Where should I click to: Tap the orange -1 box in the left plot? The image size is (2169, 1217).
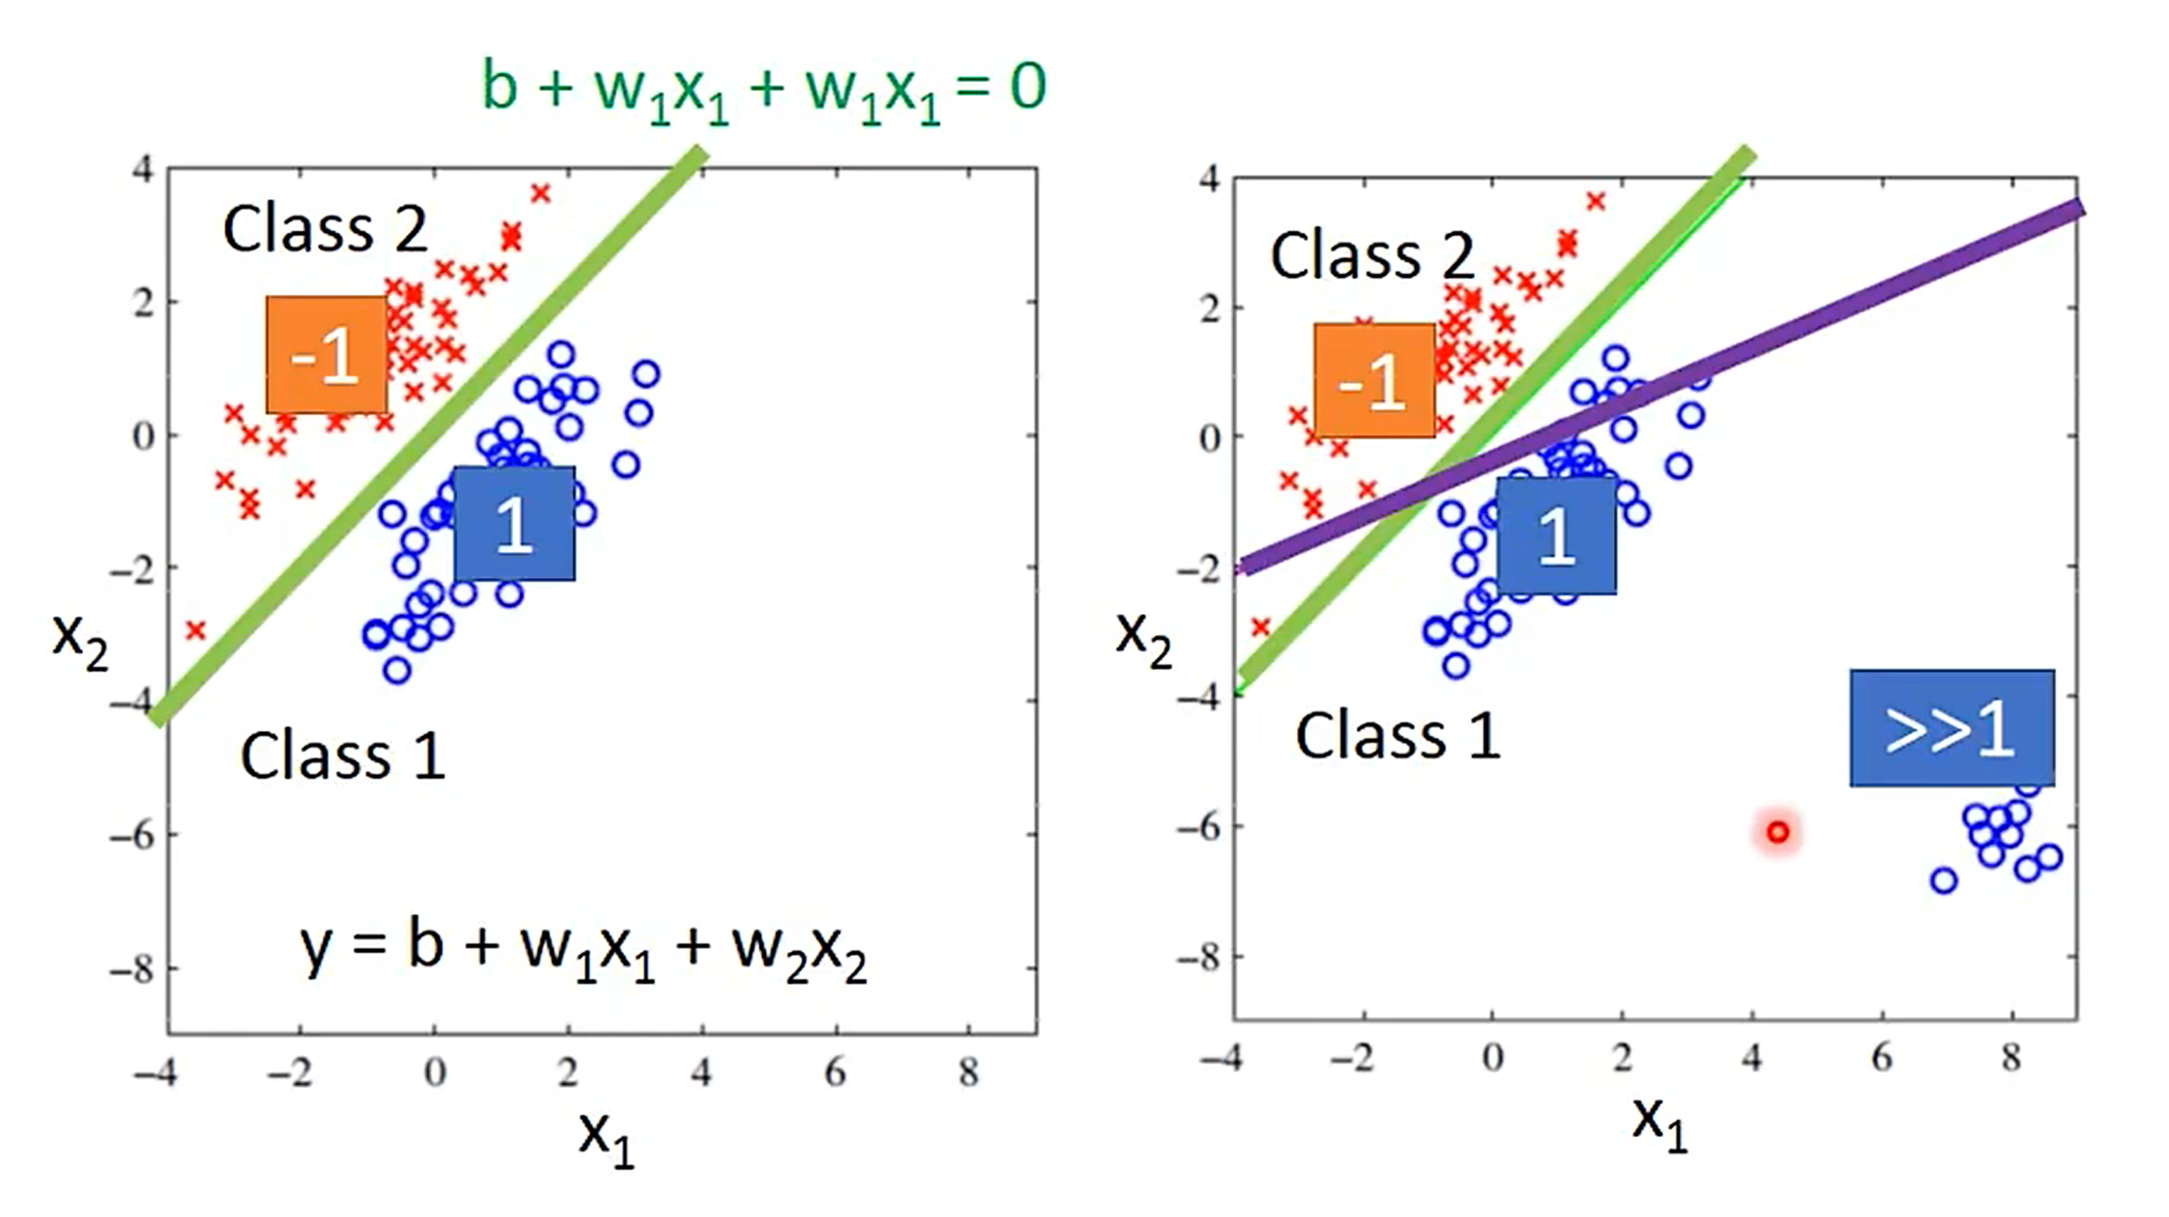click(x=326, y=355)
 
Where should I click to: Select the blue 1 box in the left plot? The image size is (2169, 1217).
click(x=514, y=524)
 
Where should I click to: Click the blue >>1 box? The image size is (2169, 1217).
click(x=1951, y=728)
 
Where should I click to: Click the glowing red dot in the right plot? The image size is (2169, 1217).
click(x=1778, y=833)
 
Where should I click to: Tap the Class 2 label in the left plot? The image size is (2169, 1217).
click(x=325, y=229)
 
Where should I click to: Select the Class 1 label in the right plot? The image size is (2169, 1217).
click(x=1398, y=736)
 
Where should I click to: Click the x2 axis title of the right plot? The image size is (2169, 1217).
click(x=1143, y=639)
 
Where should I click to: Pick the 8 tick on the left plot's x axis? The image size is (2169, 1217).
click(x=969, y=1071)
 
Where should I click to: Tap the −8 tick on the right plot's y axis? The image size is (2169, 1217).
click(x=1198, y=959)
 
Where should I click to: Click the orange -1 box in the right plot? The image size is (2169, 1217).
click(x=1374, y=381)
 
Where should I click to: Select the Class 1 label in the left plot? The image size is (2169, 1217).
click(x=342, y=756)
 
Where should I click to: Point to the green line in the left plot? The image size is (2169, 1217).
click(x=429, y=438)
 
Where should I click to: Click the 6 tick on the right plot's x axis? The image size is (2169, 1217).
click(x=1882, y=1058)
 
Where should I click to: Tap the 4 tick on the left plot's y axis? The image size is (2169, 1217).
click(x=143, y=169)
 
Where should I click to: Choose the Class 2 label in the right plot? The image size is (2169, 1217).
click(x=1372, y=256)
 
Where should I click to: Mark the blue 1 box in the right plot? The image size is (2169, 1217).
click(x=1556, y=535)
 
